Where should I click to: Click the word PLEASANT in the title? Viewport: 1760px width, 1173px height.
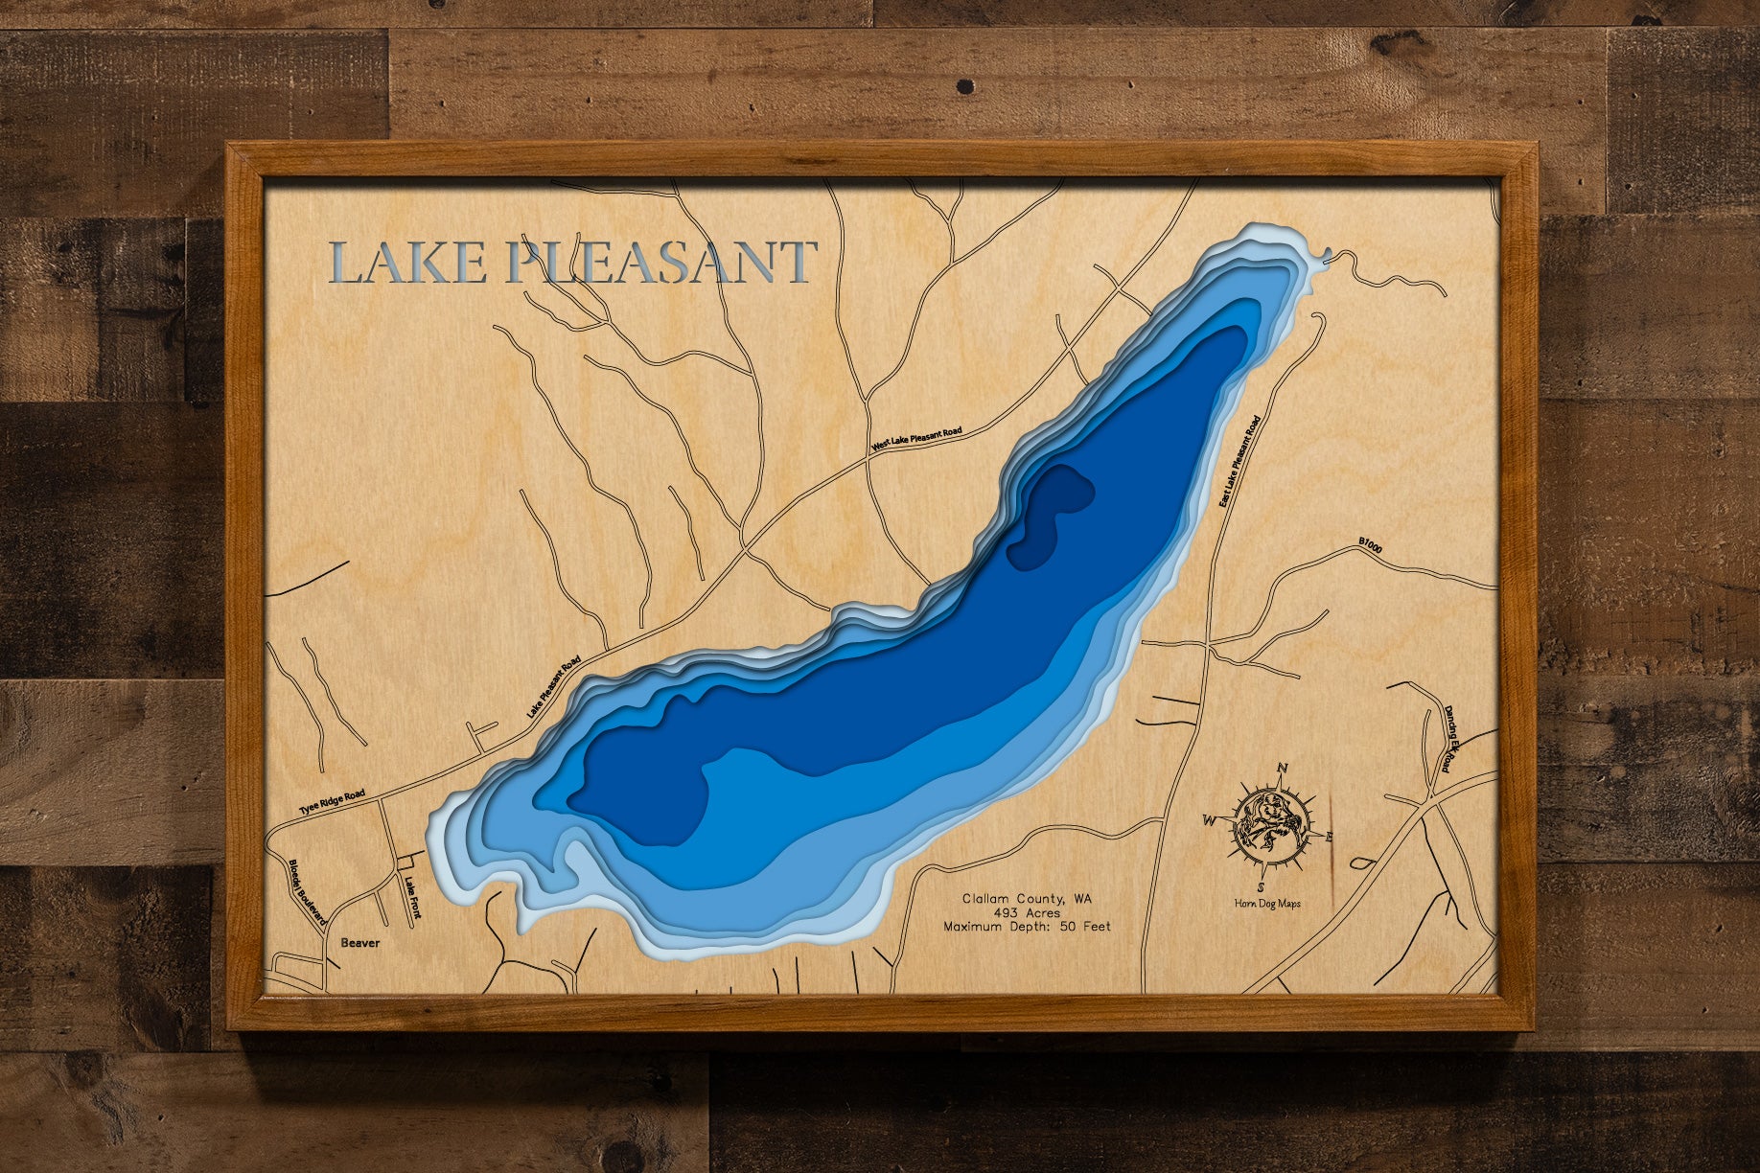(x=660, y=264)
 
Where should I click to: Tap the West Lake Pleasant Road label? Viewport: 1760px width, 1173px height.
(x=916, y=439)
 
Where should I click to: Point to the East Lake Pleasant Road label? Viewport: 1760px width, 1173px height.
(x=1239, y=461)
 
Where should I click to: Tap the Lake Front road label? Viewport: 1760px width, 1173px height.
(x=412, y=898)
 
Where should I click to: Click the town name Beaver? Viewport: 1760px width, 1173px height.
(x=359, y=943)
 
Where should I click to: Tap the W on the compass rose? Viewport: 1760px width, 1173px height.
(x=1210, y=820)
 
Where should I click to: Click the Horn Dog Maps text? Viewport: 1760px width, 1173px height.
(x=1267, y=904)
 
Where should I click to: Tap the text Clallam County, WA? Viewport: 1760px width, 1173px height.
(x=1027, y=899)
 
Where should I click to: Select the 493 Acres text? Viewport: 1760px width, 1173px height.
(x=1027, y=913)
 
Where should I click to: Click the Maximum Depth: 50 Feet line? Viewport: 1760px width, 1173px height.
(x=1027, y=927)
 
